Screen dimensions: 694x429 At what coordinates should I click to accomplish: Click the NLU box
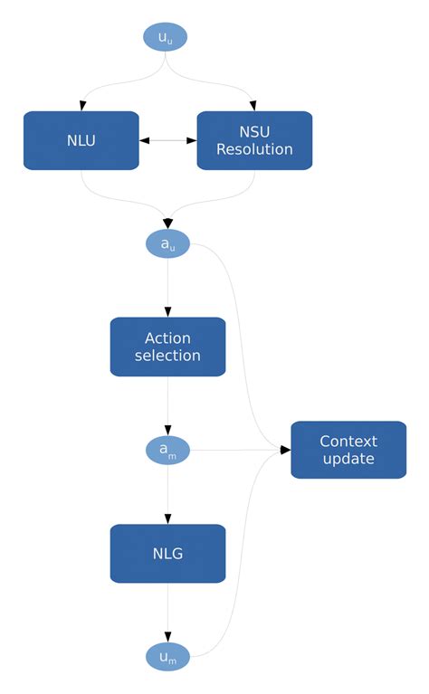81,140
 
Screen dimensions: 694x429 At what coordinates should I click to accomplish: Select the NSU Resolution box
254,140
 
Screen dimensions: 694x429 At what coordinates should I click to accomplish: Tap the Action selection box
167,347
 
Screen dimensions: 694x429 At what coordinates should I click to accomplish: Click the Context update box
348,450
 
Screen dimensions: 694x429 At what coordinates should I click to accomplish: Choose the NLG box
167,553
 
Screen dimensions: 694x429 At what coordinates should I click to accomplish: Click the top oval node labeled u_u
166,36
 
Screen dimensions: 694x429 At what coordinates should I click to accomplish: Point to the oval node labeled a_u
167,243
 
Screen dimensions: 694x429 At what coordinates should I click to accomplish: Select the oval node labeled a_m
167,450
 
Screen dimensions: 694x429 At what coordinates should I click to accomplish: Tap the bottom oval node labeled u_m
167,657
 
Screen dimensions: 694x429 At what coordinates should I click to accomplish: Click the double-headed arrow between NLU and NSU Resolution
167,140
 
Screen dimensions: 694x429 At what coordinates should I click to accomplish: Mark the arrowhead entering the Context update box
285,450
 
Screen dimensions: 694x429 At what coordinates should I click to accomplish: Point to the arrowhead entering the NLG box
167,519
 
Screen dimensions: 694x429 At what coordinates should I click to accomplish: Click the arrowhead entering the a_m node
167,431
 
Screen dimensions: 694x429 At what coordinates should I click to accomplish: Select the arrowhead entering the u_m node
167,638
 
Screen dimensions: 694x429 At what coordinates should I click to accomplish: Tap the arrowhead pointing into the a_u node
167,223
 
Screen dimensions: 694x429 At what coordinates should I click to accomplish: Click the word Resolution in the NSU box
254,149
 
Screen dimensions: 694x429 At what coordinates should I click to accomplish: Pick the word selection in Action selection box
167,356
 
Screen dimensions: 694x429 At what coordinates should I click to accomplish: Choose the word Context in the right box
348,442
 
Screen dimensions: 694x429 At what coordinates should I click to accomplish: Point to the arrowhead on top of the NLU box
81,106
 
